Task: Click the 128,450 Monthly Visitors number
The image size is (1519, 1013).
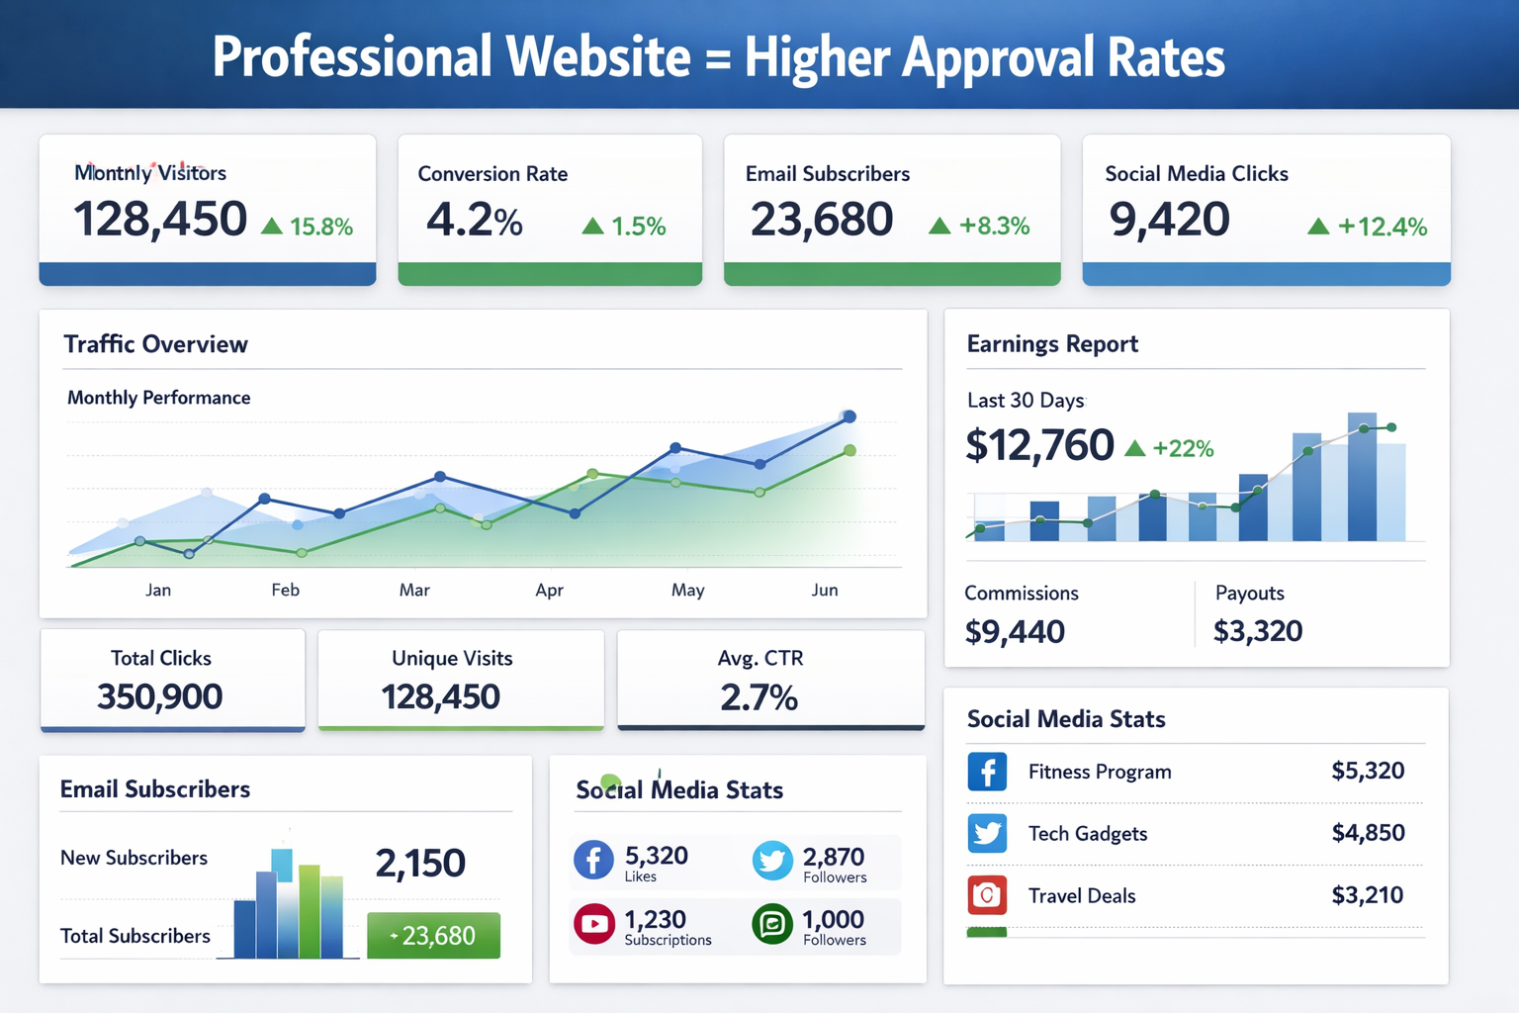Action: (160, 219)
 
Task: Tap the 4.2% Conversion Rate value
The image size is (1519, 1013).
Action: (475, 220)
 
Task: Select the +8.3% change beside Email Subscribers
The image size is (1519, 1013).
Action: (994, 226)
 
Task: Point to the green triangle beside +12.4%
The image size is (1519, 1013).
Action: (1318, 227)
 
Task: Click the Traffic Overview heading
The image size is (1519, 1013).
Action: (155, 344)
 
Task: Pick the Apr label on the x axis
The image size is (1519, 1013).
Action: (549, 591)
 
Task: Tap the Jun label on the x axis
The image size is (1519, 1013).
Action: (825, 591)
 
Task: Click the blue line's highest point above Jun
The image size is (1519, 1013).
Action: (849, 416)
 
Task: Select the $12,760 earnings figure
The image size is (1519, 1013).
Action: (1039, 445)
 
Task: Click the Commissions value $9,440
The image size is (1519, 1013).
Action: (1015, 631)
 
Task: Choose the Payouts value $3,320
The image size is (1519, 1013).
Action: (1258, 631)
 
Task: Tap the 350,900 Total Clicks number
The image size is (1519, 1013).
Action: (160, 696)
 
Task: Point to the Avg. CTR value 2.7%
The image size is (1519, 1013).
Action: (759, 697)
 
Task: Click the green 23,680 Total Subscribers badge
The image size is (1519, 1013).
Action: (433, 935)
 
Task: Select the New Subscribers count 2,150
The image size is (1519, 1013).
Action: (420, 864)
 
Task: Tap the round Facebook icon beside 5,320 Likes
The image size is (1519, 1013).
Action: (593, 860)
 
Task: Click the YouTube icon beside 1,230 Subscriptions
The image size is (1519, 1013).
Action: (594, 924)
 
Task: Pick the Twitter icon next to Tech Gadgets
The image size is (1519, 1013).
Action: (987, 833)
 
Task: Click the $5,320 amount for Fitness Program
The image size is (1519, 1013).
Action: (1368, 771)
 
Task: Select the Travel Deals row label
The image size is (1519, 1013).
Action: (1082, 896)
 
